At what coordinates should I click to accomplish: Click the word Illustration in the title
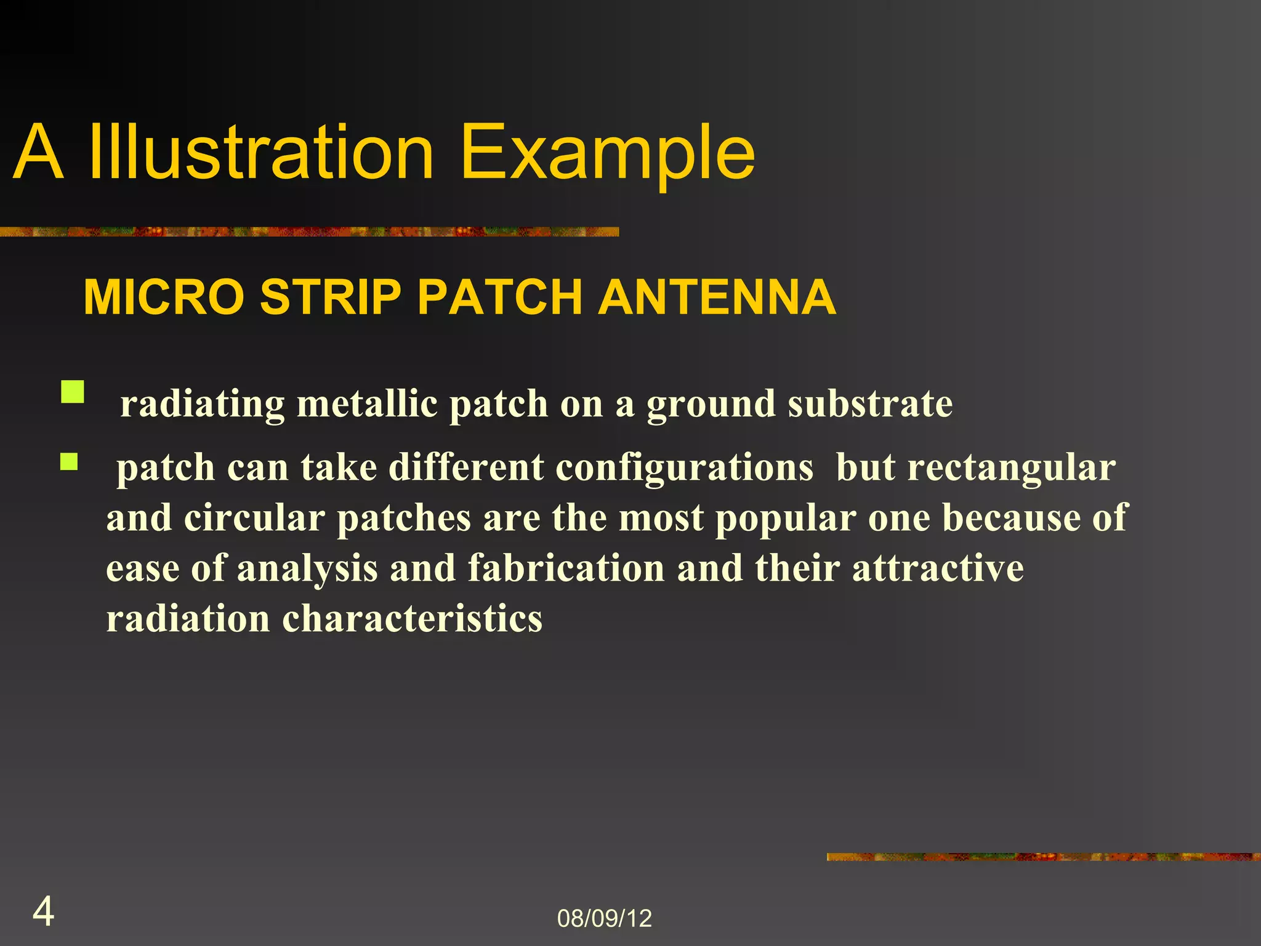click(x=261, y=153)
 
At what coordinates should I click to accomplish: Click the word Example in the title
click(x=606, y=153)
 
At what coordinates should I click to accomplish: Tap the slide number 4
click(x=43, y=912)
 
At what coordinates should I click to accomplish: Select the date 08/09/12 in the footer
click(x=604, y=918)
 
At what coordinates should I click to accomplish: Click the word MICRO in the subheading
click(x=164, y=297)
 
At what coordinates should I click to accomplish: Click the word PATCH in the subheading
click(x=499, y=297)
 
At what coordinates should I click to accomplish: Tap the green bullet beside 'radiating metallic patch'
click(x=73, y=392)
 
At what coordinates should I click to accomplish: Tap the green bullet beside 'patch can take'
click(x=69, y=462)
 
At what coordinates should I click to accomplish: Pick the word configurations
click(x=684, y=468)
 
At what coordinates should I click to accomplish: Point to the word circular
click(x=254, y=519)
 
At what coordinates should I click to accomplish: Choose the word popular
click(x=785, y=519)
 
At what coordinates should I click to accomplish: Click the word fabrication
click(x=566, y=568)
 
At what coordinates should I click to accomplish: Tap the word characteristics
click(x=412, y=619)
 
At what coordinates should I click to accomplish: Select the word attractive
click(x=938, y=568)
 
